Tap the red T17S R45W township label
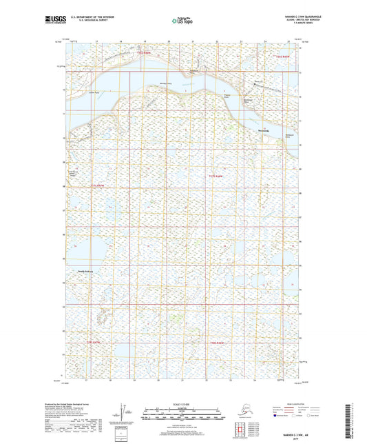tap(216, 177)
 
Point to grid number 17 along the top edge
tap(98, 41)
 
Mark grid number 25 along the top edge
tap(289, 41)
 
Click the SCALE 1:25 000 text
tap(182, 405)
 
